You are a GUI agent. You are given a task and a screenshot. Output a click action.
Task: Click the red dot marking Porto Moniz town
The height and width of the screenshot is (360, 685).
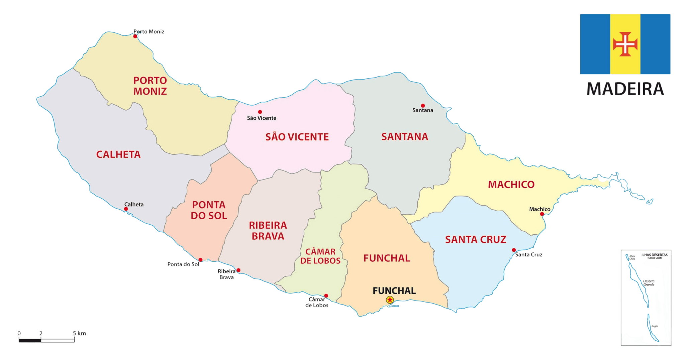click(x=135, y=36)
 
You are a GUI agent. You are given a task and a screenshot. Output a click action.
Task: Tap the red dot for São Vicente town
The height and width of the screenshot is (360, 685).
click(x=260, y=112)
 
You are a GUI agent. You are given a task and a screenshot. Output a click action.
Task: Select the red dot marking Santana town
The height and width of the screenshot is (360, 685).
click(x=423, y=106)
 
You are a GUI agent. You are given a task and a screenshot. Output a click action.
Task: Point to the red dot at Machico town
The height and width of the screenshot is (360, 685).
click(x=542, y=214)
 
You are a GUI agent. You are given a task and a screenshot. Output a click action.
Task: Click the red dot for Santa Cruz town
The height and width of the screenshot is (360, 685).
click(x=514, y=250)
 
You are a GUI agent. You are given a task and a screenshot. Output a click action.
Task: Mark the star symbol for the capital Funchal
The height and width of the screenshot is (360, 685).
click(x=390, y=300)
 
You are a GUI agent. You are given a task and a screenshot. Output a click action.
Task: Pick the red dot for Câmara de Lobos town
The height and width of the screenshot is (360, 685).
click(x=326, y=295)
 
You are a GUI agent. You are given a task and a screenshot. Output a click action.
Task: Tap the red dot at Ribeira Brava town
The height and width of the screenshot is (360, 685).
click(x=238, y=270)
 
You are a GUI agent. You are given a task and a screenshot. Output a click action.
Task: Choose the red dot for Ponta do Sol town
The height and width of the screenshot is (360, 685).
click(x=200, y=260)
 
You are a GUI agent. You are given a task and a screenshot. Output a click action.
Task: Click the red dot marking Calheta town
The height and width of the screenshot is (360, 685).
click(x=126, y=209)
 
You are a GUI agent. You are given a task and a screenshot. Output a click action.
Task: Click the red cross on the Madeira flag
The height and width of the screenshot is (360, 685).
click(x=625, y=44)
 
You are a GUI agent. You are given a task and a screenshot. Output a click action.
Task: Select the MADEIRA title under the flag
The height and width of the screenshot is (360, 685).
click(x=625, y=89)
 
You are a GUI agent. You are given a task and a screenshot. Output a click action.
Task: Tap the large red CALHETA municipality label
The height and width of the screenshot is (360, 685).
click(x=118, y=154)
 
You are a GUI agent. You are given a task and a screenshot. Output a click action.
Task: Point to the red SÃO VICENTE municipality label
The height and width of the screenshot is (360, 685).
click(x=297, y=137)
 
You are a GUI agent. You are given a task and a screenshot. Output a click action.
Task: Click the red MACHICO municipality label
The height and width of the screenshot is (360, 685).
click(x=511, y=185)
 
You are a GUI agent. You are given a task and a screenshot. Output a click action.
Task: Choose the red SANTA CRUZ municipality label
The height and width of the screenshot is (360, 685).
click(x=476, y=240)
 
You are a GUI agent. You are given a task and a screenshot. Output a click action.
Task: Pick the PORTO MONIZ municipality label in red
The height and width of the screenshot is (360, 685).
click(x=150, y=86)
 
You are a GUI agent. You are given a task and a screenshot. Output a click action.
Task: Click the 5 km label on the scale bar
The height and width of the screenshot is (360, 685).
click(x=79, y=333)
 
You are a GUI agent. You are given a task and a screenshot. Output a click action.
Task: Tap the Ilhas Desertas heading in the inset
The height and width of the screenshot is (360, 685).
click(x=654, y=255)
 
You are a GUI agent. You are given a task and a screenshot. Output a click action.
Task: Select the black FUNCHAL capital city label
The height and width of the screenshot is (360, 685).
click(x=394, y=291)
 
